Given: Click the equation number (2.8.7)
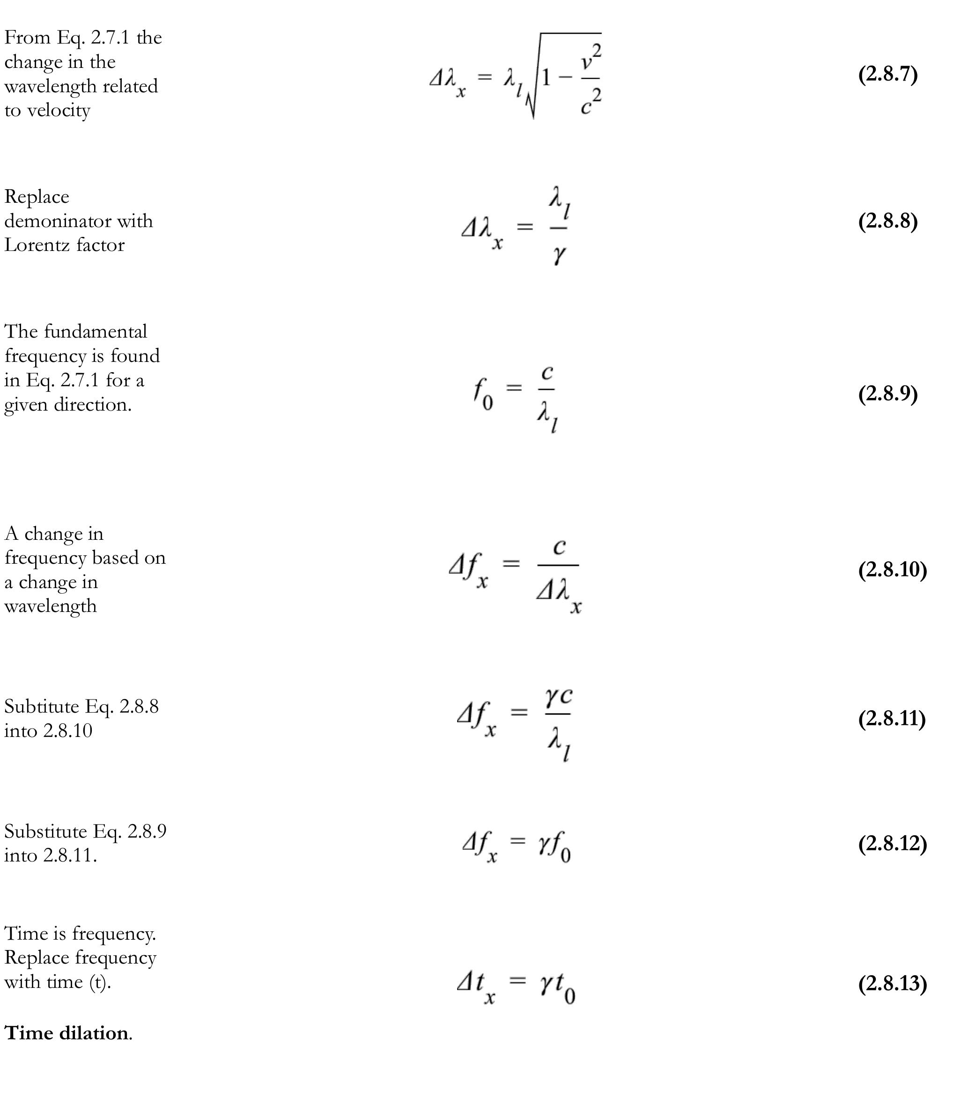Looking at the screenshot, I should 887,74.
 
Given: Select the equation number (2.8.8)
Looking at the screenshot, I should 887,221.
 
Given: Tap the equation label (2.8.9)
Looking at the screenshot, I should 887,394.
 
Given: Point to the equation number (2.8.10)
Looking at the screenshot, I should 892,569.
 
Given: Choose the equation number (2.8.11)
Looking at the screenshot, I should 891,718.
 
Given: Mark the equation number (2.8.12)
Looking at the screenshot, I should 892,843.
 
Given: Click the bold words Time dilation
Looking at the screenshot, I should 67,1033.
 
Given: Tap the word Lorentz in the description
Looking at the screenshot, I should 37,245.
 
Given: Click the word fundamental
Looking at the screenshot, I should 95,331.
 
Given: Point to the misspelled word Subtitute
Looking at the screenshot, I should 42,707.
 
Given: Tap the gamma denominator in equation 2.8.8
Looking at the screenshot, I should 559,254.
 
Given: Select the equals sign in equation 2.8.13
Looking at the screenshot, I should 517,979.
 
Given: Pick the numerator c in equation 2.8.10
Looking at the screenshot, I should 559,546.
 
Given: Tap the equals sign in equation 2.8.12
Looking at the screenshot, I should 517,840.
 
